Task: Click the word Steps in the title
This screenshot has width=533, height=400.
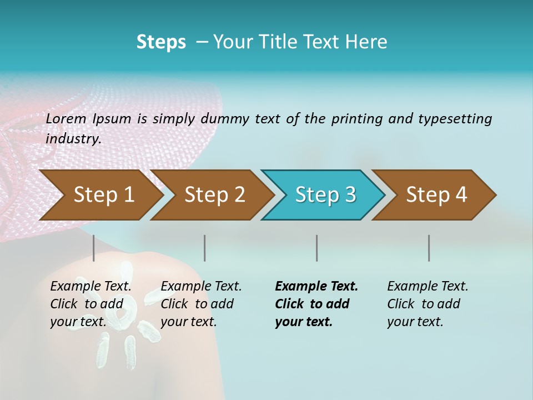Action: coord(161,42)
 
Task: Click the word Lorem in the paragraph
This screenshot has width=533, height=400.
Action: coord(67,119)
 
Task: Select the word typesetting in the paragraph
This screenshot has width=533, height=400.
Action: coord(455,119)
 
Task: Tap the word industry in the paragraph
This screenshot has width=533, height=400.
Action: coord(73,139)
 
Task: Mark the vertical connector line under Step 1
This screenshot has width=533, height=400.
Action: coord(93,248)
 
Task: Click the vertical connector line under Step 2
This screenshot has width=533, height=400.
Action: coord(205,248)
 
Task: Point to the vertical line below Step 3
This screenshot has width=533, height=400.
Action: coord(316,248)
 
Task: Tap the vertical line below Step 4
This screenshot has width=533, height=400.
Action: coord(429,248)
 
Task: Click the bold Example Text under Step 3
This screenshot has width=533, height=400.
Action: coord(316,287)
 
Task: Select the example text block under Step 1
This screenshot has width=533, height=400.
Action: coord(90,304)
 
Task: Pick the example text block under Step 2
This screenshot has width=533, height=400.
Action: coord(201,304)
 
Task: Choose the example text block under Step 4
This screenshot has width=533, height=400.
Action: coord(428,304)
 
